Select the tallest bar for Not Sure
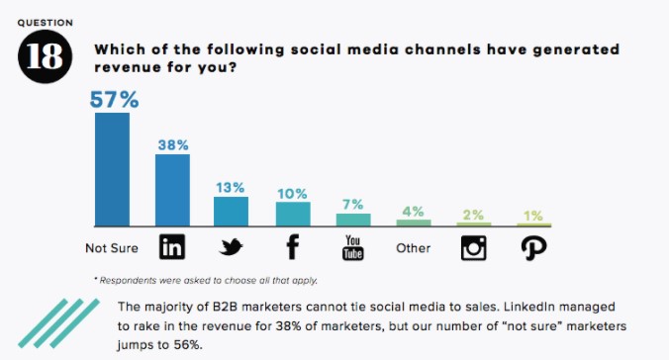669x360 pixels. (x=112, y=170)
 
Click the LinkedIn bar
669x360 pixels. (x=172, y=190)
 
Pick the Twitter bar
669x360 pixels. (x=232, y=212)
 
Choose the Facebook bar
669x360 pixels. (x=293, y=215)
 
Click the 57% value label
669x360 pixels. (x=114, y=100)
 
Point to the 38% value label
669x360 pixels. (x=173, y=143)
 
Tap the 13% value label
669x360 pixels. (x=233, y=186)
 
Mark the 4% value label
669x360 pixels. (x=414, y=210)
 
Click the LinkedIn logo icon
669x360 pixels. (x=172, y=247)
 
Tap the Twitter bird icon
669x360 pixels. (x=232, y=247)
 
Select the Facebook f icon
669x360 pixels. (x=294, y=247)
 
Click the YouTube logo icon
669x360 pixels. (x=353, y=248)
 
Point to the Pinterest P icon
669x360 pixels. (x=534, y=247)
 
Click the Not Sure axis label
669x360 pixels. (x=111, y=247)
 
